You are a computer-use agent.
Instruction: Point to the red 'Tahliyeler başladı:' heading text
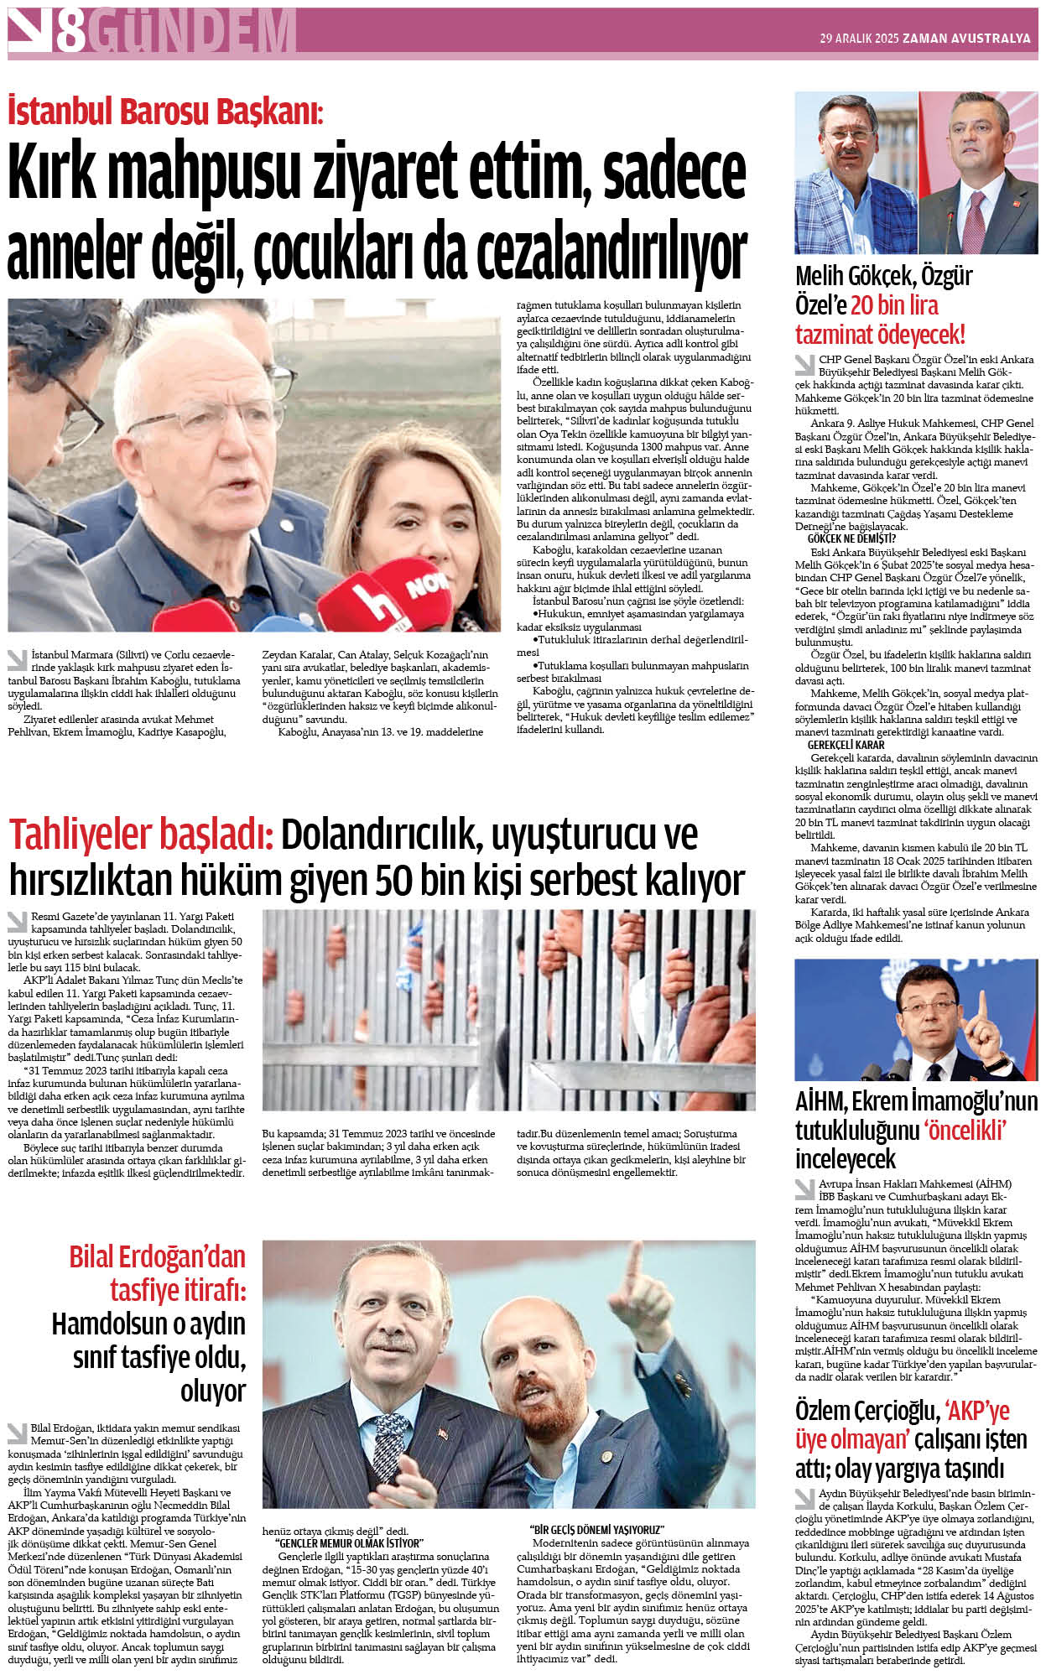point(141,835)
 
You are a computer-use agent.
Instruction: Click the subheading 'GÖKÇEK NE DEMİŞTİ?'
point(851,538)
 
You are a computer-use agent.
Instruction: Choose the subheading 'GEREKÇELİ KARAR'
point(846,744)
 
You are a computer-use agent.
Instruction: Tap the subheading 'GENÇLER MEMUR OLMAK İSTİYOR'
point(349,1543)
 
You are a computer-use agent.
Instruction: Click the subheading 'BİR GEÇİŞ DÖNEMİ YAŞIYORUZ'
point(596,1530)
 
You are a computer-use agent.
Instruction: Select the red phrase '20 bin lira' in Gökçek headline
point(894,305)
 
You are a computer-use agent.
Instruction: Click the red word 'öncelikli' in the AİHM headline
point(965,1130)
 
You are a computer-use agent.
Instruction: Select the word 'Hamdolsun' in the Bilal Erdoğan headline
point(111,1324)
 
